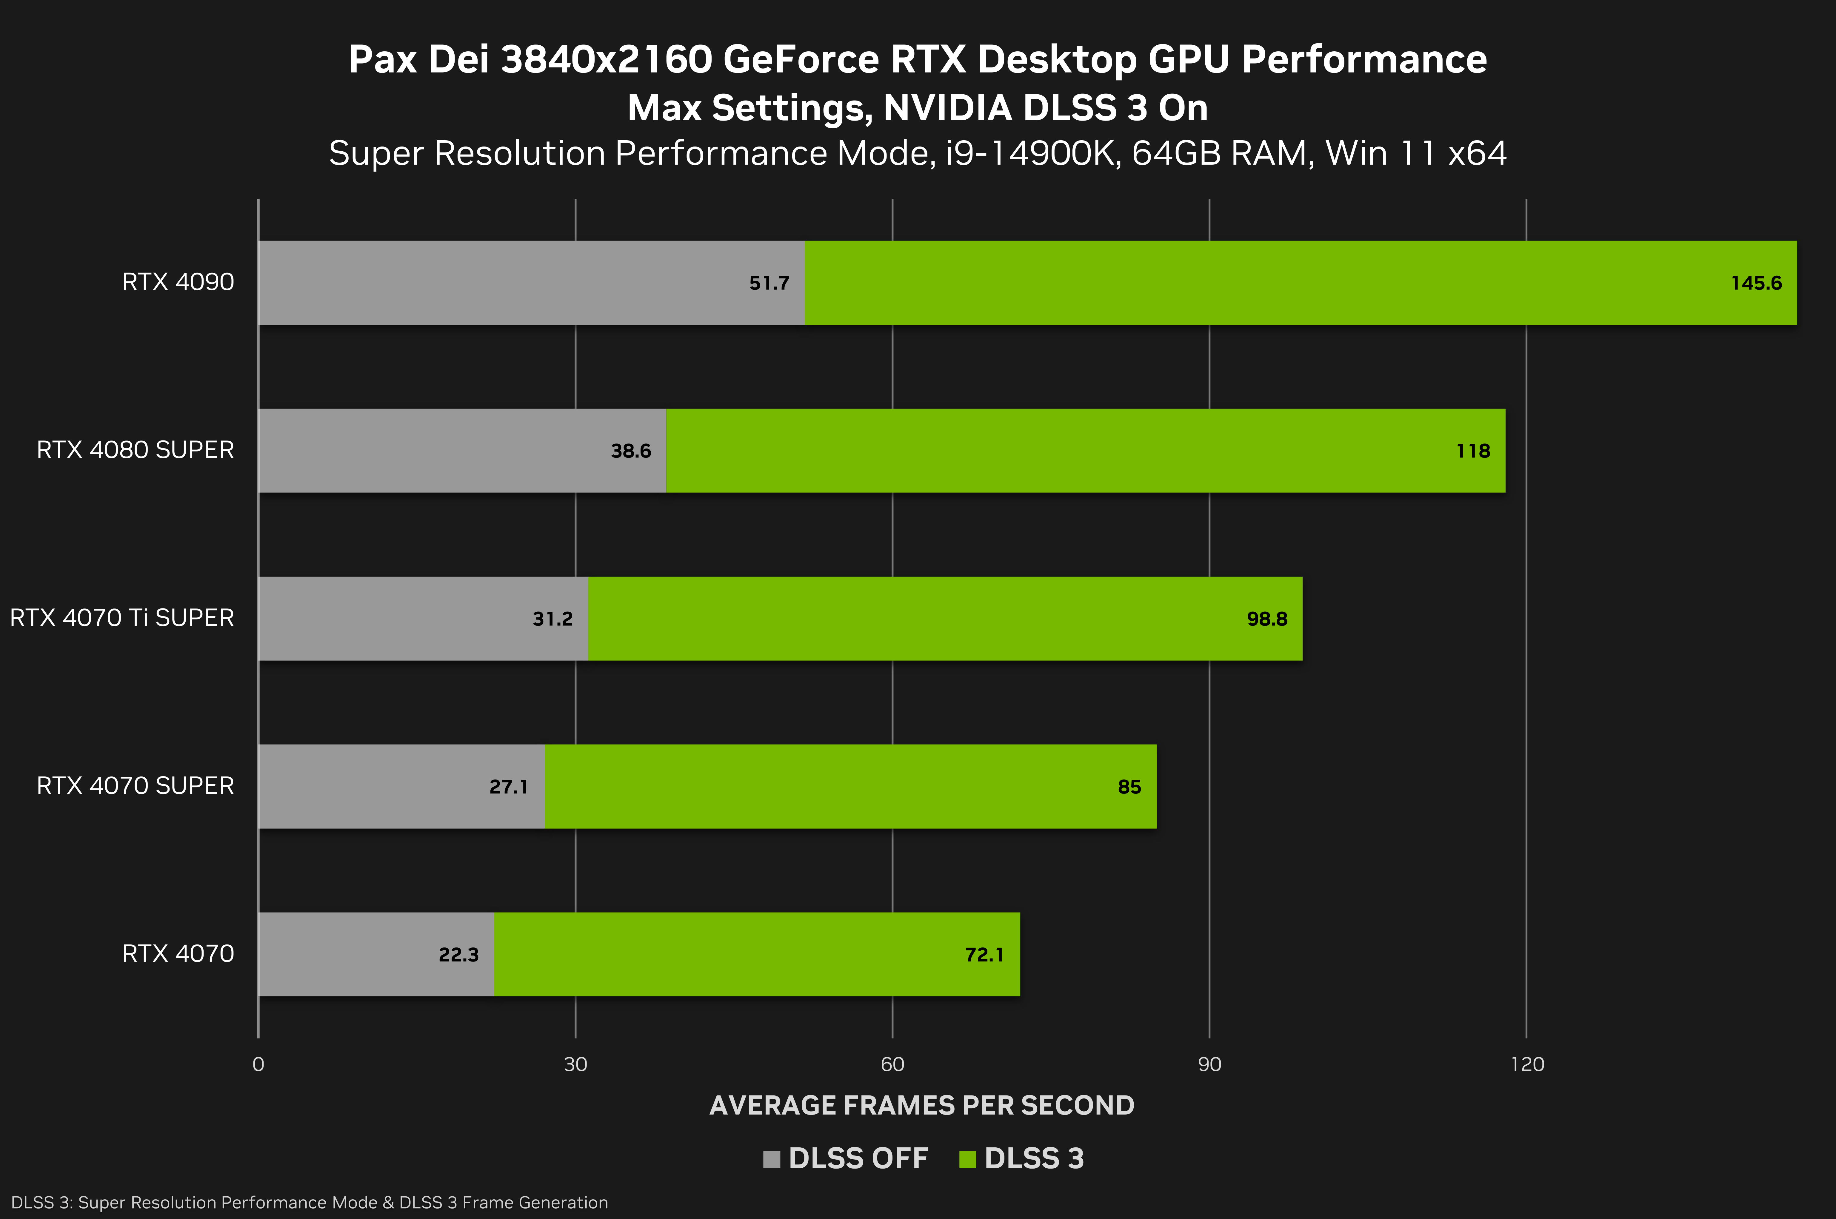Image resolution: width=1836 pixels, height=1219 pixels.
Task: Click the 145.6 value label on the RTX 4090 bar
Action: [1756, 283]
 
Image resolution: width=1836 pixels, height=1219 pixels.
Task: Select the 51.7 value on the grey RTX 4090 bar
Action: [769, 283]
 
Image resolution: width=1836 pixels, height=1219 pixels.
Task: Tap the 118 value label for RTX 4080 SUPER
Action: [1473, 451]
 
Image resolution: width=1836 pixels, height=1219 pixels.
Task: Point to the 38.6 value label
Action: [631, 451]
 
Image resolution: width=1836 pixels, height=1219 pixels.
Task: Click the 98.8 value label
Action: [1267, 619]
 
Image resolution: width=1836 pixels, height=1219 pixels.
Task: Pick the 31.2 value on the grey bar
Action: [552, 619]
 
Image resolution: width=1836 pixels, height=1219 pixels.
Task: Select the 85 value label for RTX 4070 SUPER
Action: [1129, 787]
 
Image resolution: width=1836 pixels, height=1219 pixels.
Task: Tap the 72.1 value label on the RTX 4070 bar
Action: [984, 955]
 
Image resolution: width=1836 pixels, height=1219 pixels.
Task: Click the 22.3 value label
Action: [458, 955]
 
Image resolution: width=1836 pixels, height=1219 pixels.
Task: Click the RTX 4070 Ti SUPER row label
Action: [122, 618]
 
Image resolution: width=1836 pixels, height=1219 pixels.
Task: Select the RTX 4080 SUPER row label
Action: [135, 450]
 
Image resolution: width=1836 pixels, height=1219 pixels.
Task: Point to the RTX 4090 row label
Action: [178, 282]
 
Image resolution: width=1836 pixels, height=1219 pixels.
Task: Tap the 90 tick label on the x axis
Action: [1209, 1064]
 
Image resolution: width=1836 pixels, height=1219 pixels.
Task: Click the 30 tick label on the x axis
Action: [575, 1064]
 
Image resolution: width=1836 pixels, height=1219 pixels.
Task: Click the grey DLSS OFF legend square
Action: [771, 1159]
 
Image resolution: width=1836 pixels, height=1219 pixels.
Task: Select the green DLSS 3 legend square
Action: [967, 1159]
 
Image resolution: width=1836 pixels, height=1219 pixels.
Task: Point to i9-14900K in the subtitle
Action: [1031, 153]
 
